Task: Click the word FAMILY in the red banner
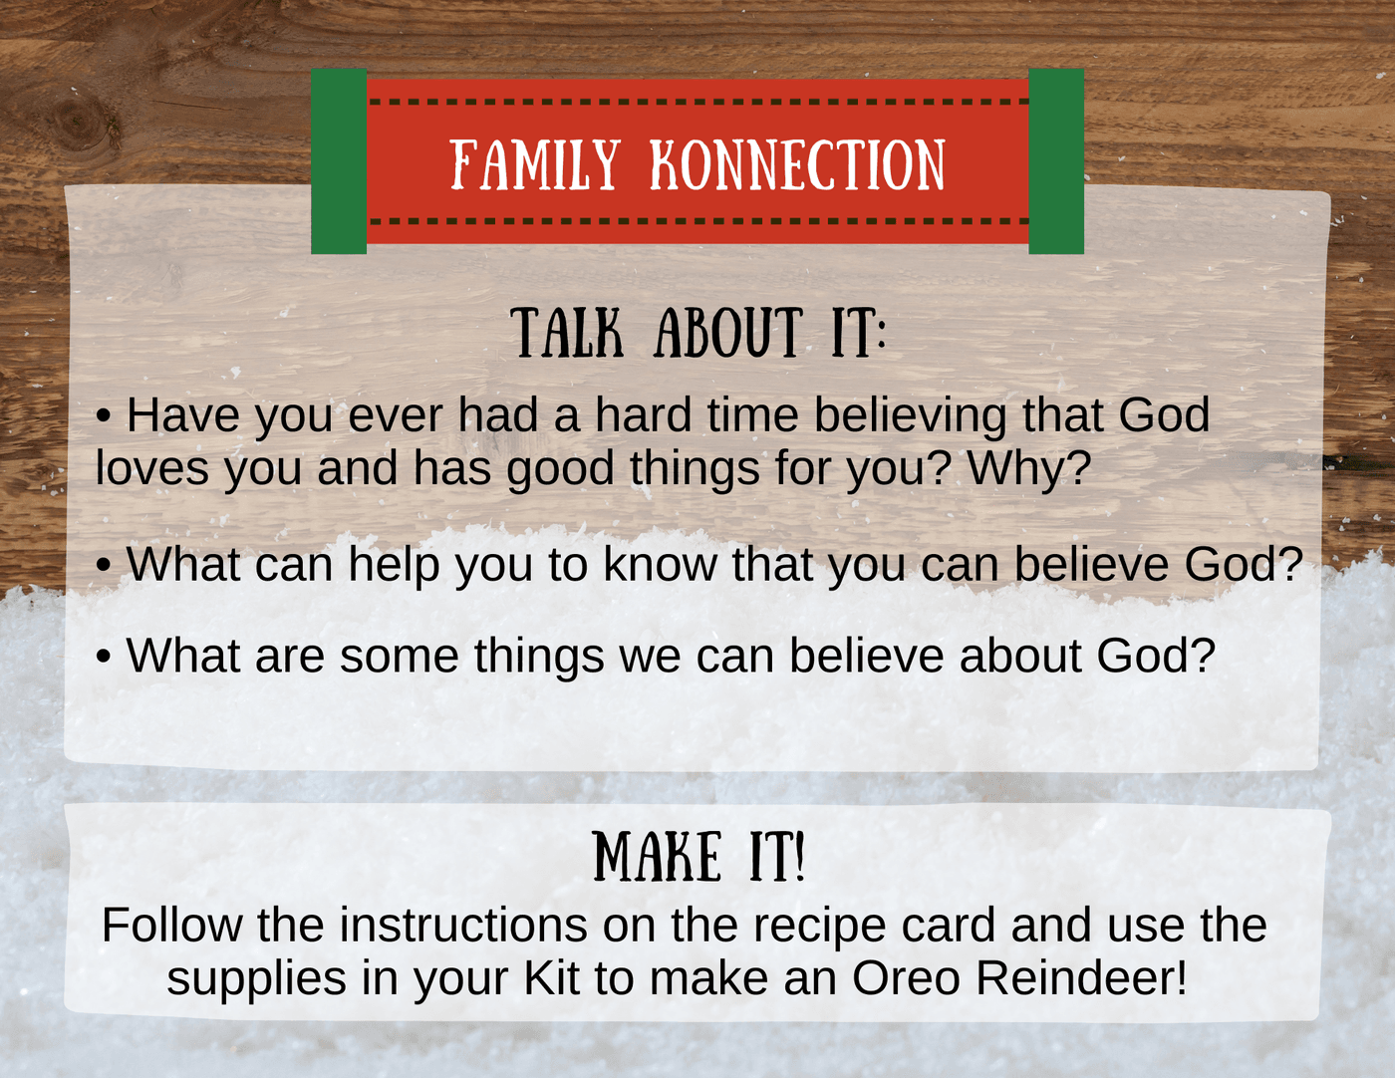point(535,164)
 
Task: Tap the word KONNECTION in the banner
point(798,164)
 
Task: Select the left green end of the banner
point(339,161)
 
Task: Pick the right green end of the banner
point(1056,161)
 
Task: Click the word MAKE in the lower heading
point(656,856)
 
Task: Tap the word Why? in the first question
point(1029,468)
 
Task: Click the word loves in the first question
point(152,468)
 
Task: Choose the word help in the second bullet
point(394,565)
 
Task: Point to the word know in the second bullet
point(660,564)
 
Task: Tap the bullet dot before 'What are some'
point(104,657)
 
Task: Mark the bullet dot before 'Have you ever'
point(104,415)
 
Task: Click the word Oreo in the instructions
point(906,978)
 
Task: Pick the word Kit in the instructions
point(551,978)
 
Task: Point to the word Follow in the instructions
point(172,926)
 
